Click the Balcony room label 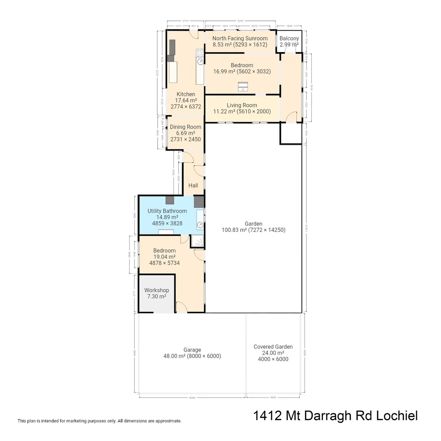[x=289, y=38]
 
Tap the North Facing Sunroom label [x=240, y=38]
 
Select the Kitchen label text [x=186, y=94]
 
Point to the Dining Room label [x=185, y=127]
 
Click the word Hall [x=193, y=185]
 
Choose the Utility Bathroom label [x=167, y=211]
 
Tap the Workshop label [x=156, y=290]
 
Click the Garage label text [x=192, y=350]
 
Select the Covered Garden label [x=273, y=347]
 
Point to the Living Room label [x=242, y=105]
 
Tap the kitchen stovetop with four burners [x=200, y=53]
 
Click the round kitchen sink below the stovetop [x=200, y=62]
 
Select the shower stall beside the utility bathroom [x=198, y=241]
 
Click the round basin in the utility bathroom [x=200, y=225]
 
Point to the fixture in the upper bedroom [x=243, y=86]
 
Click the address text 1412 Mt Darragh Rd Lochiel [x=335, y=416]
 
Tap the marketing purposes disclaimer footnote [x=99, y=421]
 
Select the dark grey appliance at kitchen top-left [x=172, y=47]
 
